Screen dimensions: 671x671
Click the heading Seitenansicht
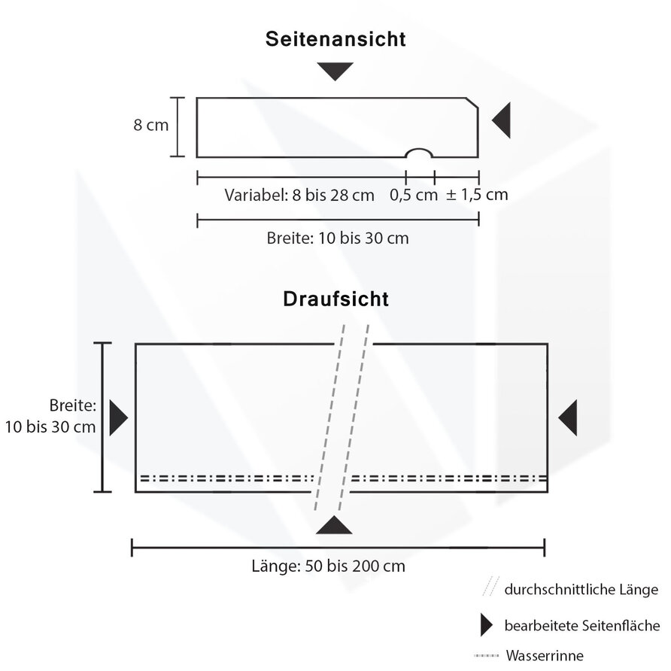click(x=335, y=39)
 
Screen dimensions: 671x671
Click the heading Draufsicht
click(x=336, y=299)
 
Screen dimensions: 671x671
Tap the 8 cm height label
click(x=150, y=125)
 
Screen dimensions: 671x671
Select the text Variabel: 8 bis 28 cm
click(x=299, y=195)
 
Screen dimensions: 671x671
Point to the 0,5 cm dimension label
click(x=414, y=195)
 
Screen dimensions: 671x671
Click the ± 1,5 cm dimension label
click(x=477, y=195)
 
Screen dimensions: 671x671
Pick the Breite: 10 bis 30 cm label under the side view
click(x=338, y=238)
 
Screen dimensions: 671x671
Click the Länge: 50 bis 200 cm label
click(x=328, y=566)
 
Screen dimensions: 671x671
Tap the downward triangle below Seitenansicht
click(x=335, y=71)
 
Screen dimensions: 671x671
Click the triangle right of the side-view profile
click(x=502, y=120)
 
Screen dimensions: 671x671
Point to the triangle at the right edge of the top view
click(x=568, y=417)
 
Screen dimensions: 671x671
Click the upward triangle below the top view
click(x=334, y=525)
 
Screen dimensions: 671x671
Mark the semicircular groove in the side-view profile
click(x=419, y=150)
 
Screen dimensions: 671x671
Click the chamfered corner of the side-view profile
click(x=472, y=103)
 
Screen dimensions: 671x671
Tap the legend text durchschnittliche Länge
click(x=581, y=590)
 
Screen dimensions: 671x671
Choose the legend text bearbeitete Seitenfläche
click(x=582, y=626)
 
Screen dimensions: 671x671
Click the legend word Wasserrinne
click(x=545, y=656)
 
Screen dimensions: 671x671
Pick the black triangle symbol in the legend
click(x=486, y=625)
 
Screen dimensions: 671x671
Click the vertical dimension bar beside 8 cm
click(x=178, y=127)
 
